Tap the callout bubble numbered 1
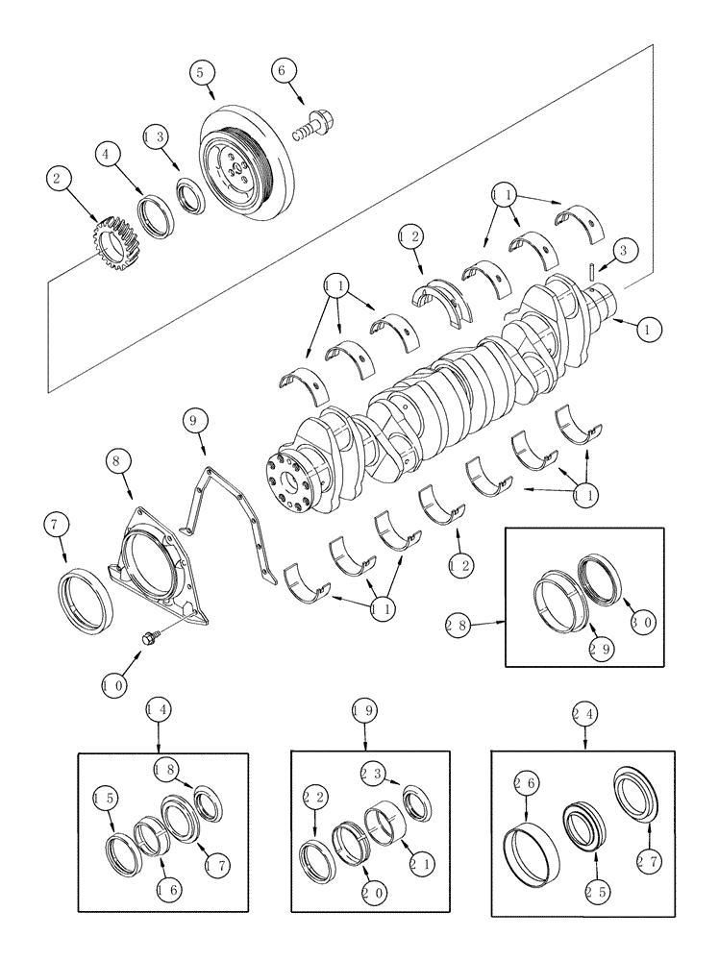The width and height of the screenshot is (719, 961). pyautogui.click(x=648, y=329)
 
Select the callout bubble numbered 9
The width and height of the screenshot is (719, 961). pyautogui.click(x=193, y=420)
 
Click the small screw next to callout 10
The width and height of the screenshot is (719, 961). pyautogui.click(x=150, y=637)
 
